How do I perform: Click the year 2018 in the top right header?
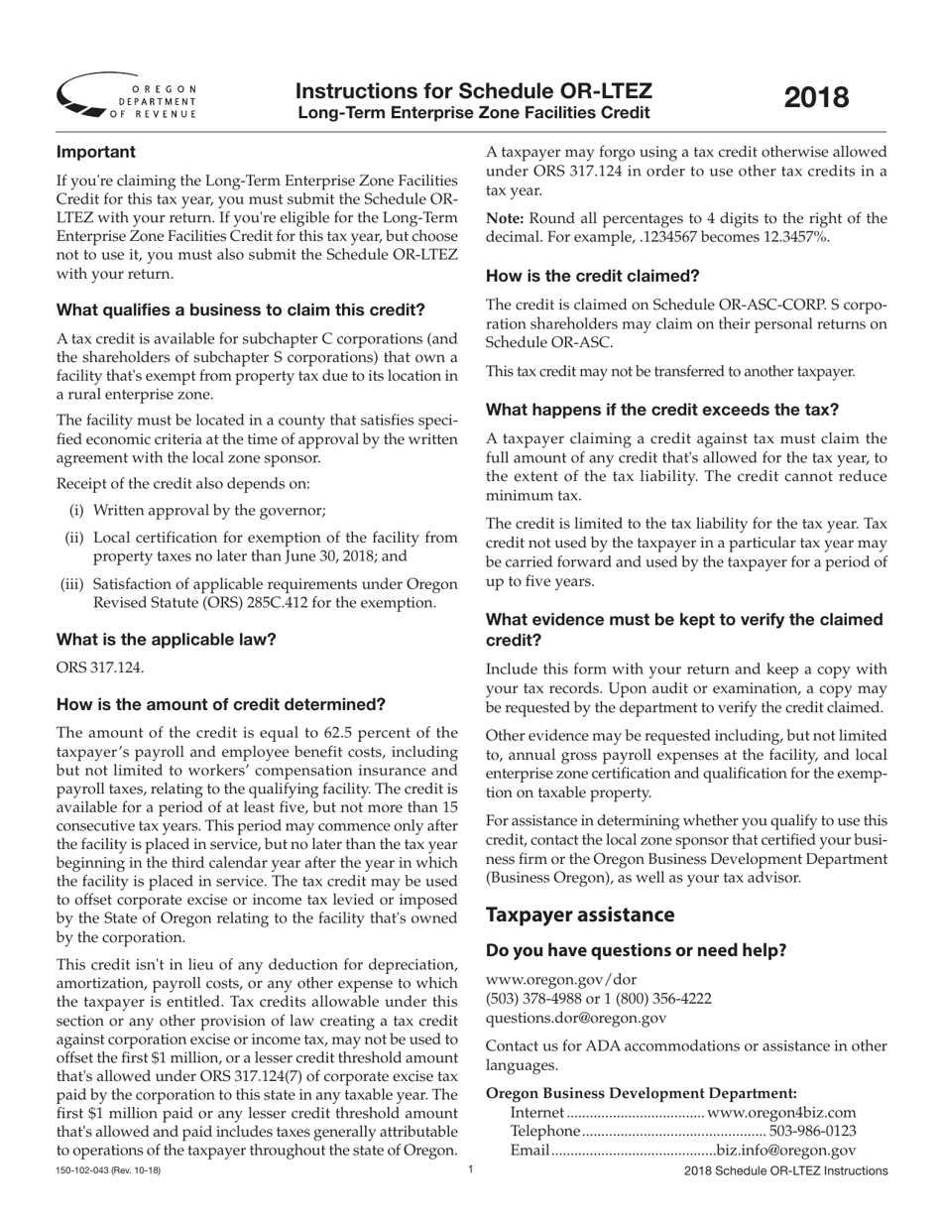pyautogui.click(x=817, y=97)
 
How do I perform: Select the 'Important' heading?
pyautogui.click(x=96, y=153)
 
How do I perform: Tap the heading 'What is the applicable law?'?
pyautogui.click(x=167, y=639)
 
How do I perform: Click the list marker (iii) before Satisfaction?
pyautogui.click(x=72, y=584)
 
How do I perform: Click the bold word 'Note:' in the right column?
pyautogui.click(x=505, y=218)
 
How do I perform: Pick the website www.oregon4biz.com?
pyautogui.click(x=781, y=1113)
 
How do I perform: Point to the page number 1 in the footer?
pyautogui.click(x=471, y=1170)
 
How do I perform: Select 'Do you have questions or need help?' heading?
pyautogui.click(x=636, y=950)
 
